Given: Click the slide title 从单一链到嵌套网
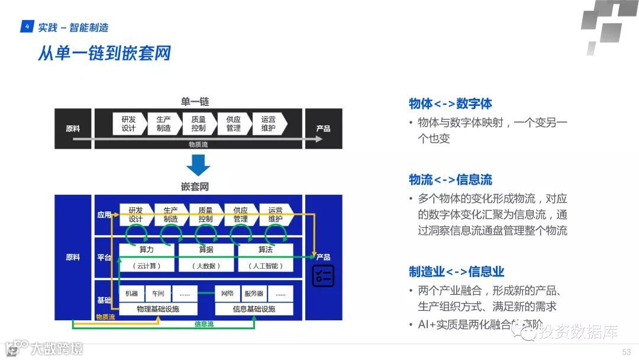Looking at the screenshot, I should click(x=104, y=53).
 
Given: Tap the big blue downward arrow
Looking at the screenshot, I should click(x=198, y=165).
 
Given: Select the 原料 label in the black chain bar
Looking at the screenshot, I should click(x=73, y=128).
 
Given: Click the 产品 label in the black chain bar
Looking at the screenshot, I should click(x=323, y=128).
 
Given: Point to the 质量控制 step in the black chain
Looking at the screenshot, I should click(x=198, y=124).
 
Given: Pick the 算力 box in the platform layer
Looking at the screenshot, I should click(x=147, y=250).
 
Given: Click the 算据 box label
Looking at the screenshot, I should click(x=206, y=250).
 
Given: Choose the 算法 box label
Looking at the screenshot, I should click(x=265, y=250).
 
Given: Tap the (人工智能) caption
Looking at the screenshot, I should click(x=265, y=266).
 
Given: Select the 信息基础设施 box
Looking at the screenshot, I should click(x=254, y=309).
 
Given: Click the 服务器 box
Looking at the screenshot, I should click(x=253, y=294).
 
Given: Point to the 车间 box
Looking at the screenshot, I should click(x=158, y=294).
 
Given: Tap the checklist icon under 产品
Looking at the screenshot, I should click(x=323, y=275).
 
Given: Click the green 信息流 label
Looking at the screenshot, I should click(x=204, y=324).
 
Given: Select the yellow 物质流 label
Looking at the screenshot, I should click(x=105, y=317).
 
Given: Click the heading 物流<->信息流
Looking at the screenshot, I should click(x=450, y=180).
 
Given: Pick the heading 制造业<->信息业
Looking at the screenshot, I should click(x=456, y=272).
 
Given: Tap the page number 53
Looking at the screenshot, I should click(x=626, y=352).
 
